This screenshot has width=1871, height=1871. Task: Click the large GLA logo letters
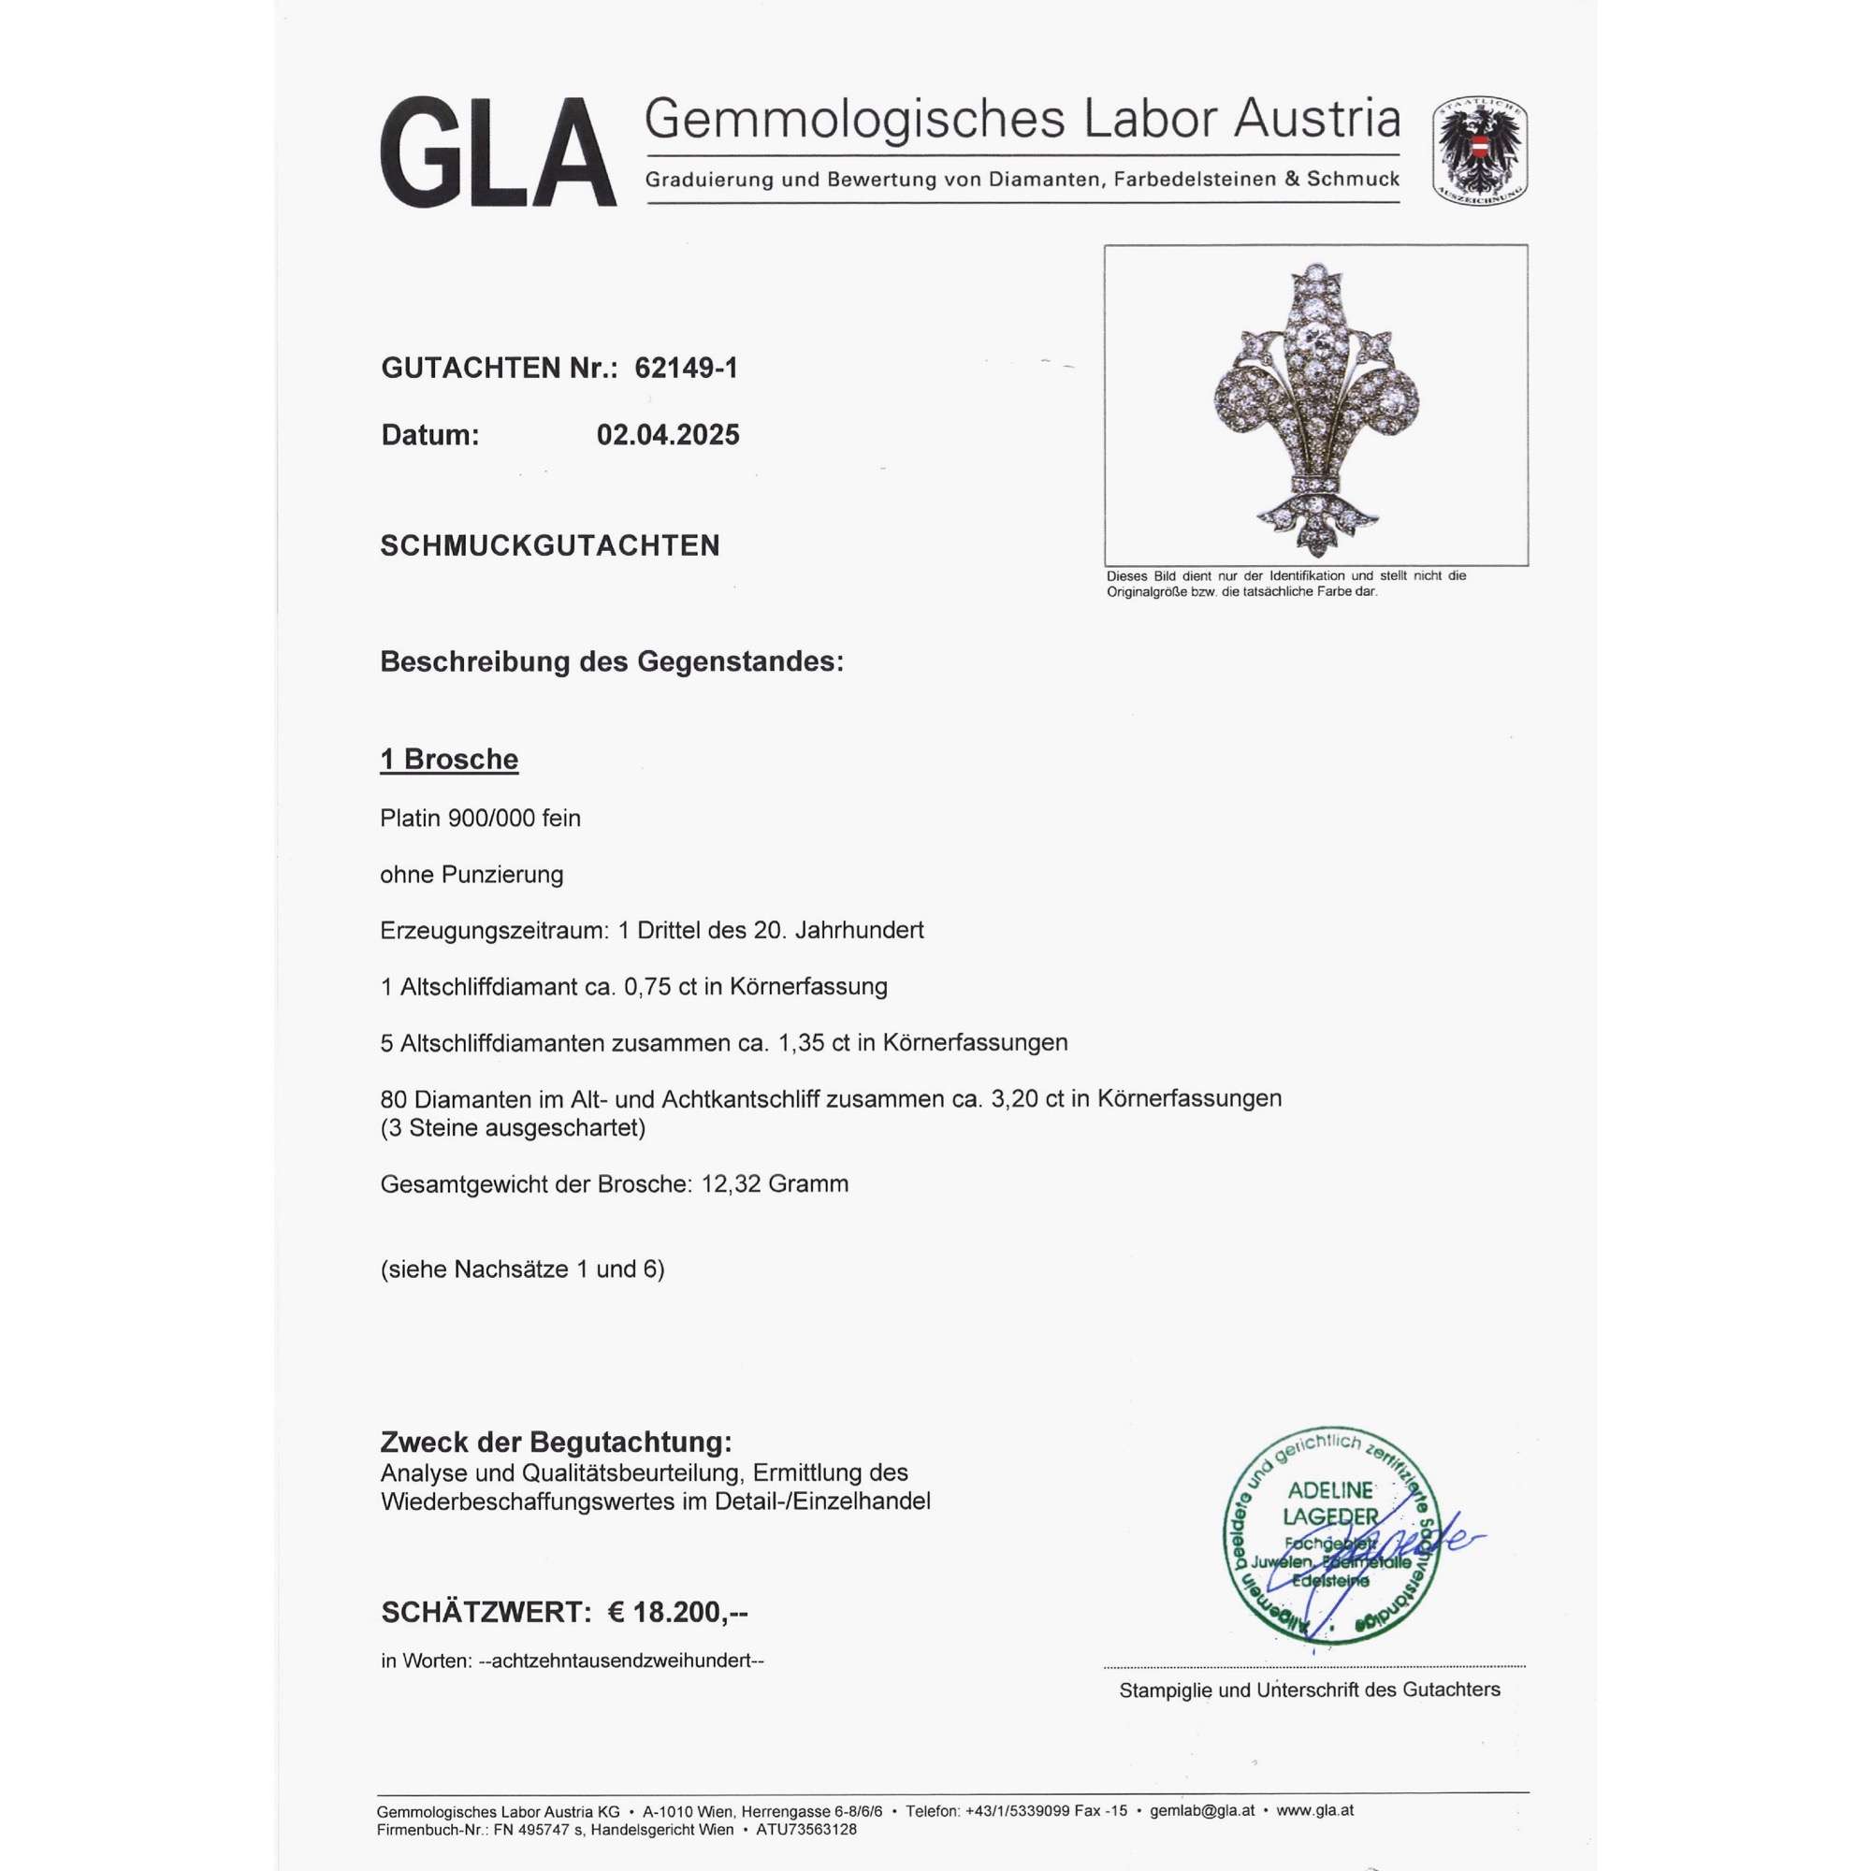(498, 152)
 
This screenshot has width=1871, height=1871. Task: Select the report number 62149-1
(686, 368)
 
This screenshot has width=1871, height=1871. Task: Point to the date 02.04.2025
(667, 435)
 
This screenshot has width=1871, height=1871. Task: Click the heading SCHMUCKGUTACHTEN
(549, 546)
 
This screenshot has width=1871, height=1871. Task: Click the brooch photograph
(1315, 405)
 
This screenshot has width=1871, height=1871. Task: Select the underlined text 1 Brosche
(448, 760)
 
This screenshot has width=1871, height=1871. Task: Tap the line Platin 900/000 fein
(479, 819)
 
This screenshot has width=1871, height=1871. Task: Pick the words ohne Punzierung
(471, 875)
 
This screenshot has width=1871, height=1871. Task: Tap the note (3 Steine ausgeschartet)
(513, 1127)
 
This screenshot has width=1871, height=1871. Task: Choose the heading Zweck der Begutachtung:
(556, 1442)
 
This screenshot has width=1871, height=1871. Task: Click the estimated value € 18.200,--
(677, 1612)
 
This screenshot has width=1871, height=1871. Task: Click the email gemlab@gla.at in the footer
(1202, 1810)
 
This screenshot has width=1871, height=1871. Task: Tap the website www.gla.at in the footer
(1315, 1810)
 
